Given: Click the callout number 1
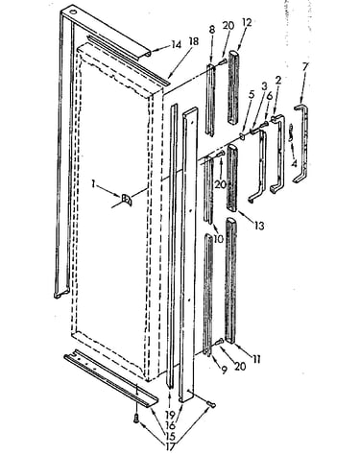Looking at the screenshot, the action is click(x=93, y=184).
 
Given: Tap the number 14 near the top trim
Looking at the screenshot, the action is click(x=176, y=44).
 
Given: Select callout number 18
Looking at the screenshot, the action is click(x=194, y=42).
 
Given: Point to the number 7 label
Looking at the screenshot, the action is click(x=305, y=66).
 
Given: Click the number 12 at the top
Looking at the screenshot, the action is click(x=247, y=22).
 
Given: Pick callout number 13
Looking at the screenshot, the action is click(x=259, y=226).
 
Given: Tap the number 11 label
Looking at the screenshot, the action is click(x=256, y=359).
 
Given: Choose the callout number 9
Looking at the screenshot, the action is click(x=224, y=370).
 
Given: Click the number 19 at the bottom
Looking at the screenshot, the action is click(x=170, y=415).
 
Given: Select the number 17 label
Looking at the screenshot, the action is click(x=170, y=446).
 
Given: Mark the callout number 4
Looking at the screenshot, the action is click(x=294, y=163).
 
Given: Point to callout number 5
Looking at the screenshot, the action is click(x=252, y=95).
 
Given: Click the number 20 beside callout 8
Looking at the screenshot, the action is click(x=228, y=25).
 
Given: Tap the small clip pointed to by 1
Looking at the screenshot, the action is click(x=127, y=200).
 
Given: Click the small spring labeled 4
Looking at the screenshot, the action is click(x=291, y=132).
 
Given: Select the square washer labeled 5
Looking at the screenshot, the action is click(x=242, y=136).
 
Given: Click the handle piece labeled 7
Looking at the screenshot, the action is click(x=301, y=144).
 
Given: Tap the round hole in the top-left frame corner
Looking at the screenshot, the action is click(x=74, y=12).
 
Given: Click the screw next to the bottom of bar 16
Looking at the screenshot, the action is click(x=211, y=404).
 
